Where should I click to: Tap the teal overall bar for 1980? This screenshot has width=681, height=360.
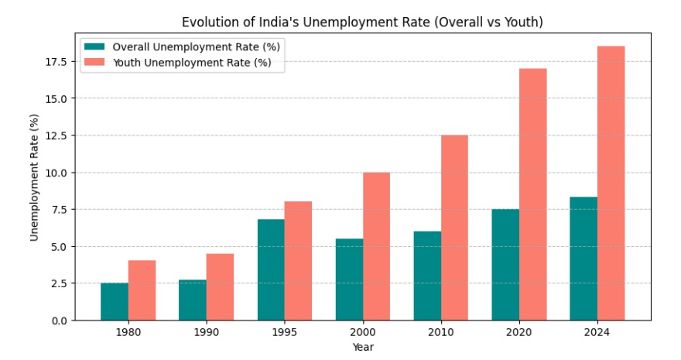coord(115,301)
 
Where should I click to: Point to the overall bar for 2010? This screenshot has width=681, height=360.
coord(427,276)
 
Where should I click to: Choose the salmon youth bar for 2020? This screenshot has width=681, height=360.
coord(532,194)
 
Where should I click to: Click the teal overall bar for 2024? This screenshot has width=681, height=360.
coord(583,259)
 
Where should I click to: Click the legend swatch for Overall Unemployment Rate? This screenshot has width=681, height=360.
coord(95,46)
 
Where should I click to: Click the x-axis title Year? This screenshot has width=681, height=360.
coord(363,347)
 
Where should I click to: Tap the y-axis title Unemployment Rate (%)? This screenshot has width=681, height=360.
coord(34,177)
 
